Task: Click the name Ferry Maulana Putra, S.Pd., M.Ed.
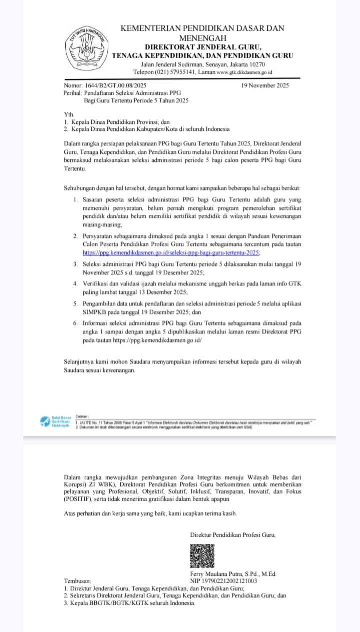click(233, 574)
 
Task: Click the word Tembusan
click(78, 581)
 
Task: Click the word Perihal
click(73, 93)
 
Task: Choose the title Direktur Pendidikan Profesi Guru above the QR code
click(233, 535)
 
